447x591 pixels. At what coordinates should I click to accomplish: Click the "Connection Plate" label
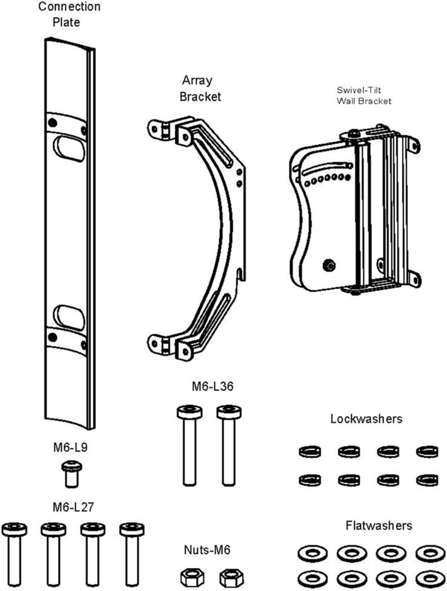tap(69, 14)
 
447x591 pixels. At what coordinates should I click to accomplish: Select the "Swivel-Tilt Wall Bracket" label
tap(364, 96)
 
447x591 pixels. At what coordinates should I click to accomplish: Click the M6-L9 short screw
tap(71, 473)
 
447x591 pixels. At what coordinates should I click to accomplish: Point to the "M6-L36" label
tap(213, 386)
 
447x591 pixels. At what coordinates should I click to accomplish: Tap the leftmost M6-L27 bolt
tap(14, 555)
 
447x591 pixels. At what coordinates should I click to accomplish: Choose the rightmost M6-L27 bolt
tap(131, 555)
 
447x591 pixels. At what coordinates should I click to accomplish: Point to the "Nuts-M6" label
tap(207, 550)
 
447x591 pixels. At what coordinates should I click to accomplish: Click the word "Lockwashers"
tap(366, 419)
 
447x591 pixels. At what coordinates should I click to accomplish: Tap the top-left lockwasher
tap(310, 451)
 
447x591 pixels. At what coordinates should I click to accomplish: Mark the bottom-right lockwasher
tap(427, 480)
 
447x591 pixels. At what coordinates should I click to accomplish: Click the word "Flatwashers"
tap(379, 526)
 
